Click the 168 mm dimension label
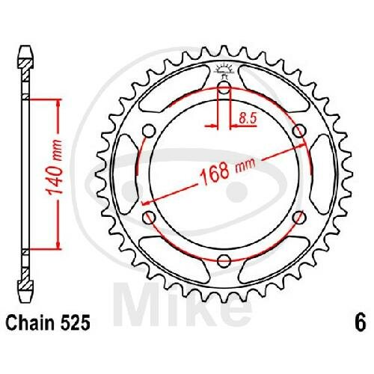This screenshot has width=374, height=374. click(x=228, y=171)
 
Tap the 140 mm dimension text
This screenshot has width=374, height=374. click(x=55, y=168)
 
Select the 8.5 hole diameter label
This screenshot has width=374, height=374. click(x=248, y=117)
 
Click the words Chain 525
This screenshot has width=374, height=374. click(x=48, y=322)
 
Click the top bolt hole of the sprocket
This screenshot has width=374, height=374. click(x=224, y=88)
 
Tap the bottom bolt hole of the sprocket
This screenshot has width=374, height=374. click(x=224, y=261)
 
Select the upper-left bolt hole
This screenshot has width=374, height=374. click(x=149, y=131)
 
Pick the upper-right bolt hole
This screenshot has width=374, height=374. click(x=299, y=131)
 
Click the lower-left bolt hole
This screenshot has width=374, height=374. click(x=149, y=218)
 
